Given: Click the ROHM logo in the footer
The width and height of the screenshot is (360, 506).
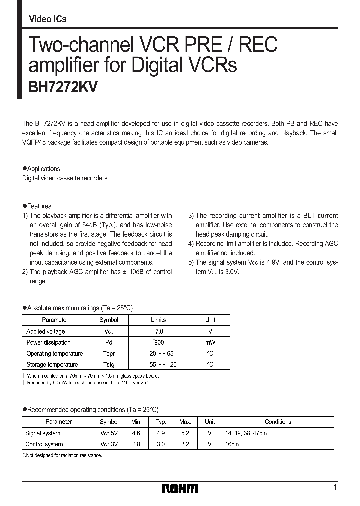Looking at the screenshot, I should (x=180, y=488).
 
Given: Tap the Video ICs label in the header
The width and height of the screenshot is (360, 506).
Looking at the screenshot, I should (x=48, y=19).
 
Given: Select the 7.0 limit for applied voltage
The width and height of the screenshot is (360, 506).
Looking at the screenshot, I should (x=158, y=331).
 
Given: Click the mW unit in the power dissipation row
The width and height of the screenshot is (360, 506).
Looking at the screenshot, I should (x=210, y=343).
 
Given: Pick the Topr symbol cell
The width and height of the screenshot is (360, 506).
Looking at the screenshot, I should (x=109, y=354).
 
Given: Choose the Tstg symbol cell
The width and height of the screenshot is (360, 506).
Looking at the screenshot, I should (x=109, y=365).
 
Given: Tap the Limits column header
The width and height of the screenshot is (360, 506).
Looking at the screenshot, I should (x=158, y=320).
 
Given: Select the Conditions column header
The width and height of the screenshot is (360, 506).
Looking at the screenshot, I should (x=278, y=422).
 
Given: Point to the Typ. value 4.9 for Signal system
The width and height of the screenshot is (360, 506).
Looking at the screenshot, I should (x=161, y=433).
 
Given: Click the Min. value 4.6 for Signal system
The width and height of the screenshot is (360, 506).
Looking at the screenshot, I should (x=136, y=433).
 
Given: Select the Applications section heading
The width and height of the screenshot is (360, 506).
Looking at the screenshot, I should (x=43, y=169).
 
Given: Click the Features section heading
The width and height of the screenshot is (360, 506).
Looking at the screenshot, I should (x=39, y=206).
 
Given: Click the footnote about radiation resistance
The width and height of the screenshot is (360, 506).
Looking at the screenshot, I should (x=64, y=456).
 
